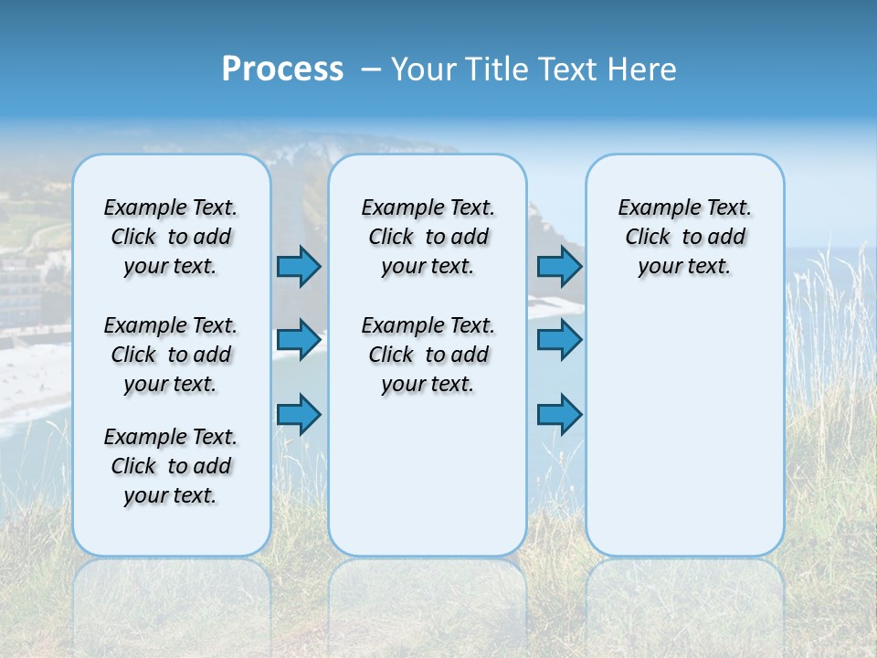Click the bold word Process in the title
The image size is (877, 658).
(282, 69)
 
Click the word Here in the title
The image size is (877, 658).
(644, 69)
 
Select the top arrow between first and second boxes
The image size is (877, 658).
(299, 266)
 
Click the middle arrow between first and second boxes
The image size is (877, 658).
(299, 340)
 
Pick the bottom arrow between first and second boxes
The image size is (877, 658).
(299, 414)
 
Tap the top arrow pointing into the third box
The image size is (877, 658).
(559, 266)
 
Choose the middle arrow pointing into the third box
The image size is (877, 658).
(559, 340)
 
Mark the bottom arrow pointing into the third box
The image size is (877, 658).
(559, 414)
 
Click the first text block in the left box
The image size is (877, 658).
(171, 237)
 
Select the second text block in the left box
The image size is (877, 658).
(171, 355)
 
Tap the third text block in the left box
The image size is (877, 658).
(171, 466)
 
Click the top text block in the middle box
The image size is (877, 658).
(428, 237)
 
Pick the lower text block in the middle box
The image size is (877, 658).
(428, 355)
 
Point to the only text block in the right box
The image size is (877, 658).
(684, 237)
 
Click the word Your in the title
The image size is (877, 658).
(424, 69)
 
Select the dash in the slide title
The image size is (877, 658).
(371, 69)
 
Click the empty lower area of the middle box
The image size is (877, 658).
(428, 475)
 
